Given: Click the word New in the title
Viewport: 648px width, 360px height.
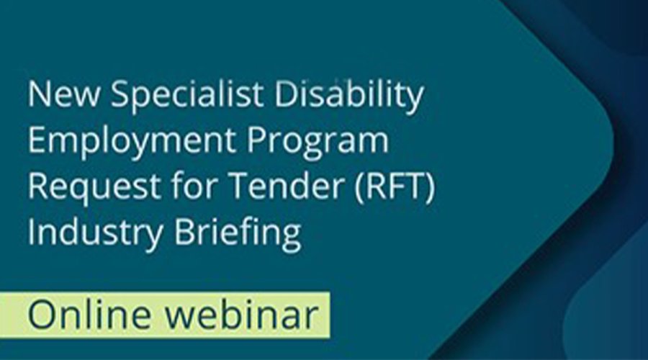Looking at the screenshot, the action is [63, 94].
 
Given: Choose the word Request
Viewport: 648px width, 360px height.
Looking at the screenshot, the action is [94, 186].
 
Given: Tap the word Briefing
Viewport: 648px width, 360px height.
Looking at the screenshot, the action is [238, 233].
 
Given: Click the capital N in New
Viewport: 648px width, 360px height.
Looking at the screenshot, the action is [39, 94].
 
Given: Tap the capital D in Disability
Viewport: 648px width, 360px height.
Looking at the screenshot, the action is [285, 94].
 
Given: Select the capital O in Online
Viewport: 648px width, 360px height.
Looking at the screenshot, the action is [41, 315].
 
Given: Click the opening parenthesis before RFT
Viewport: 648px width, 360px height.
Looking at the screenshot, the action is [359, 186].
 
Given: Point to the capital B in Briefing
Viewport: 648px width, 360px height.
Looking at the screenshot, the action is [184, 230].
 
